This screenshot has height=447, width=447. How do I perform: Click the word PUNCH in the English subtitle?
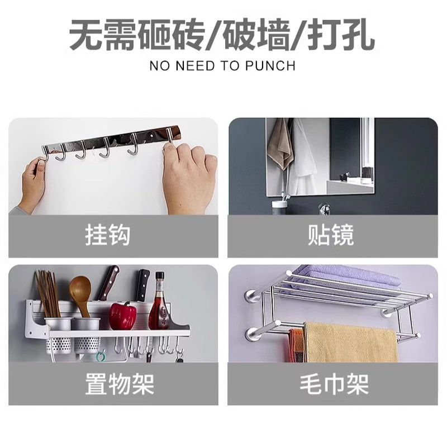270,66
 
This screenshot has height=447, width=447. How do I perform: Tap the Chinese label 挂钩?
108,235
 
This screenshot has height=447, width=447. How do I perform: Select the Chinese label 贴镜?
331,235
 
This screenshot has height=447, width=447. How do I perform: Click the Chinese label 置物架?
120,384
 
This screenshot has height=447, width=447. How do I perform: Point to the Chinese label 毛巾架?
334,384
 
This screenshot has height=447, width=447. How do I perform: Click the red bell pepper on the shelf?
122,316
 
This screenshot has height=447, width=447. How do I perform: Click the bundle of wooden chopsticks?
48,294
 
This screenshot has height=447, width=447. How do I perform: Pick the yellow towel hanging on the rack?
351,342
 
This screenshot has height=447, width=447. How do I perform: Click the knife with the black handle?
143,285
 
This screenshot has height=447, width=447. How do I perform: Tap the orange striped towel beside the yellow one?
296,345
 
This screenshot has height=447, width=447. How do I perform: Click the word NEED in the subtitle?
195,66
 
